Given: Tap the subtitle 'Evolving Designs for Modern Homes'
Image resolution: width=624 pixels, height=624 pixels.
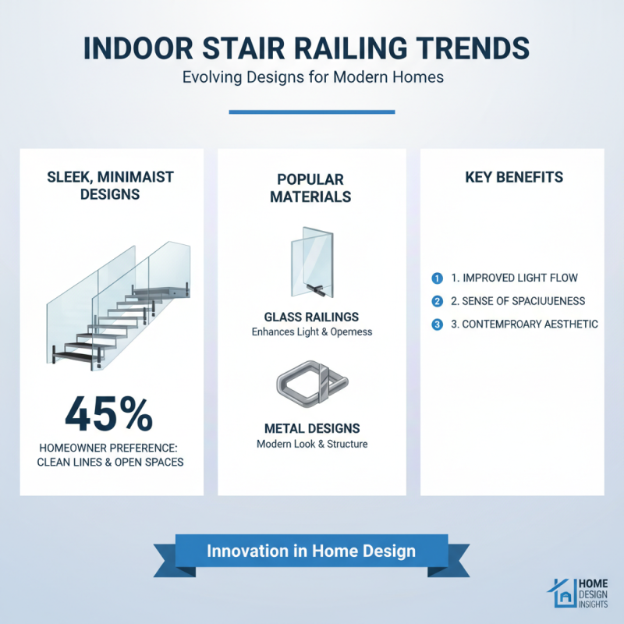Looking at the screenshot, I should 311,78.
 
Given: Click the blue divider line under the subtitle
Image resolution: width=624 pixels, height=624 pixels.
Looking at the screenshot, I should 311,112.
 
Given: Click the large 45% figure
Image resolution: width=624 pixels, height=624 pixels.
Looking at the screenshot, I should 109,414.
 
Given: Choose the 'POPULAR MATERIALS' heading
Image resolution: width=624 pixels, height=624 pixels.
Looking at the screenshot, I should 310,187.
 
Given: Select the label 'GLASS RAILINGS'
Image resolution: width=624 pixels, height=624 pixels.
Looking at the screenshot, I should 311,317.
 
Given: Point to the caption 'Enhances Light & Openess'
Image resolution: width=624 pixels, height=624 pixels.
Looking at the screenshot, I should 311,331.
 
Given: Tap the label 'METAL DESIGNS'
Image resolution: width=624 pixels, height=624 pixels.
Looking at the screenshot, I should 311,429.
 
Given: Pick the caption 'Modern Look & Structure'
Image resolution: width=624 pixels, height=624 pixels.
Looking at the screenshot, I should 311,445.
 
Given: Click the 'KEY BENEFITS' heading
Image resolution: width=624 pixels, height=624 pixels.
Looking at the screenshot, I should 514,178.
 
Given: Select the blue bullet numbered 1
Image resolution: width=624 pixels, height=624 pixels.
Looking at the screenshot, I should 437,278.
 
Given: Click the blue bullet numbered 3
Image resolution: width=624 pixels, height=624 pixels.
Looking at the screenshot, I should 437,324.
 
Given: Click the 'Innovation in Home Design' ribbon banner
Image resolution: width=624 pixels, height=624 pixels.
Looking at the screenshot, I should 311,551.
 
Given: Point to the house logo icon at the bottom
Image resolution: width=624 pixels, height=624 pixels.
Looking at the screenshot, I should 559,594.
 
